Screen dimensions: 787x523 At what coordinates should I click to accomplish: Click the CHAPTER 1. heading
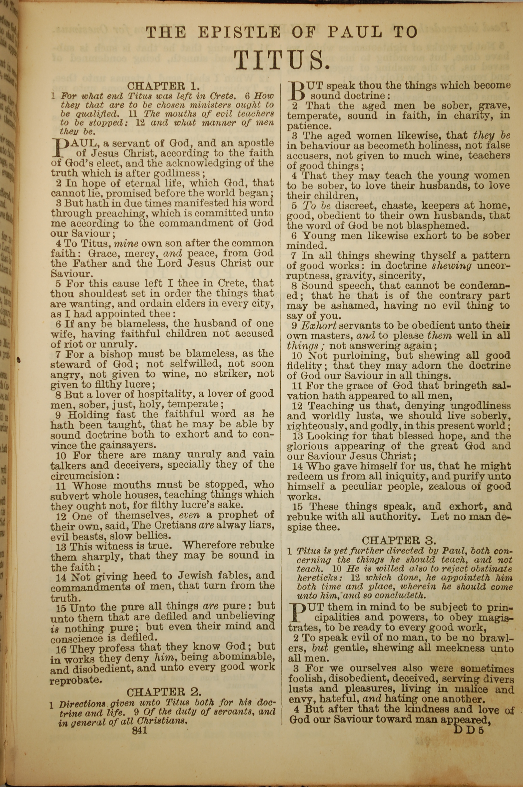click(163, 86)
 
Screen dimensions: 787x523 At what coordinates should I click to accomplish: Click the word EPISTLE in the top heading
click(239, 32)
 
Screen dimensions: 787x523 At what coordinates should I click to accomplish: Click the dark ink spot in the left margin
click(18, 359)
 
